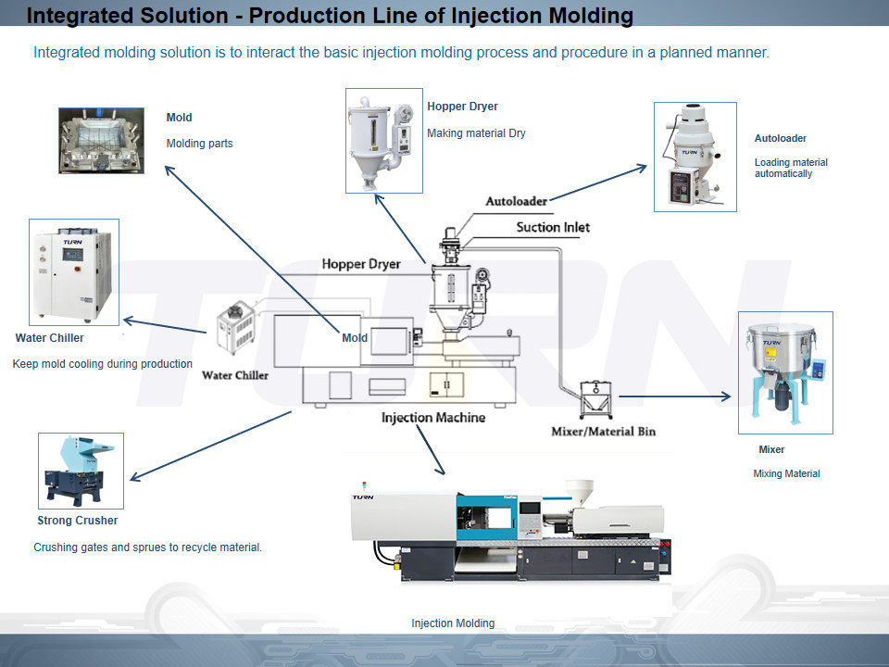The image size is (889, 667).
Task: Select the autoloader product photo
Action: point(695,157)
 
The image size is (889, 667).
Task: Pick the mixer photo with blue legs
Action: point(785,372)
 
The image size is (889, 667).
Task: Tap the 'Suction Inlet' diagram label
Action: point(553,227)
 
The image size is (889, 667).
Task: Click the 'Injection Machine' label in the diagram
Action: point(432,418)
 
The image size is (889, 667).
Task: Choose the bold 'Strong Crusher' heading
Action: point(78,521)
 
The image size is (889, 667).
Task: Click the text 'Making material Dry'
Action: point(476,133)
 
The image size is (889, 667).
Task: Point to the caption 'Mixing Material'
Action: point(786,473)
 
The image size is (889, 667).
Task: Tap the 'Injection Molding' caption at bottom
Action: point(453,623)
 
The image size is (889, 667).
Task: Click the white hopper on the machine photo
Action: point(580,491)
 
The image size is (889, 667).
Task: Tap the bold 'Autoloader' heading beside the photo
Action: point(780,138)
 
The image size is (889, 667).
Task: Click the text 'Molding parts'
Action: point(199,144)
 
